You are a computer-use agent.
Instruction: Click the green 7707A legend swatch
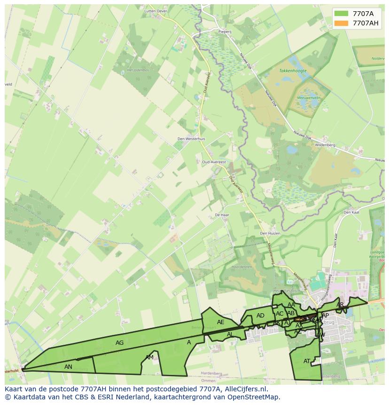point(342,14)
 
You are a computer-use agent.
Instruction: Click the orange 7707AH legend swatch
point(342,23)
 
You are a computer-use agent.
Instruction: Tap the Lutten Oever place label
point(156,10)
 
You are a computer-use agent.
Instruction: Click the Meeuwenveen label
point(308,98)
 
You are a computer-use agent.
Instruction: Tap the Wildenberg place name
point(325,145)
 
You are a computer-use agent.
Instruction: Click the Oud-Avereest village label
point(214,162)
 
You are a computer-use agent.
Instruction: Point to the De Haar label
point(221,214)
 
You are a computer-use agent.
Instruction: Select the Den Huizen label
point(270,233)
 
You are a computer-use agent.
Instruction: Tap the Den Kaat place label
point(351,212)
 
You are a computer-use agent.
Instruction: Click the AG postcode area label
point(120,343)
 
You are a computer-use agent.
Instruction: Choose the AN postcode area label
point(68,366)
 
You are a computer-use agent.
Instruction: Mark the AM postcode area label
point(149,357)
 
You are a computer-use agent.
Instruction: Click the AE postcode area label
point(221,322)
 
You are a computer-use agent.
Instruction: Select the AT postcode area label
point(307,361)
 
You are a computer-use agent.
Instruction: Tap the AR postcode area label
point(340,305)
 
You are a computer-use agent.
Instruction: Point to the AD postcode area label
point(260,316)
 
